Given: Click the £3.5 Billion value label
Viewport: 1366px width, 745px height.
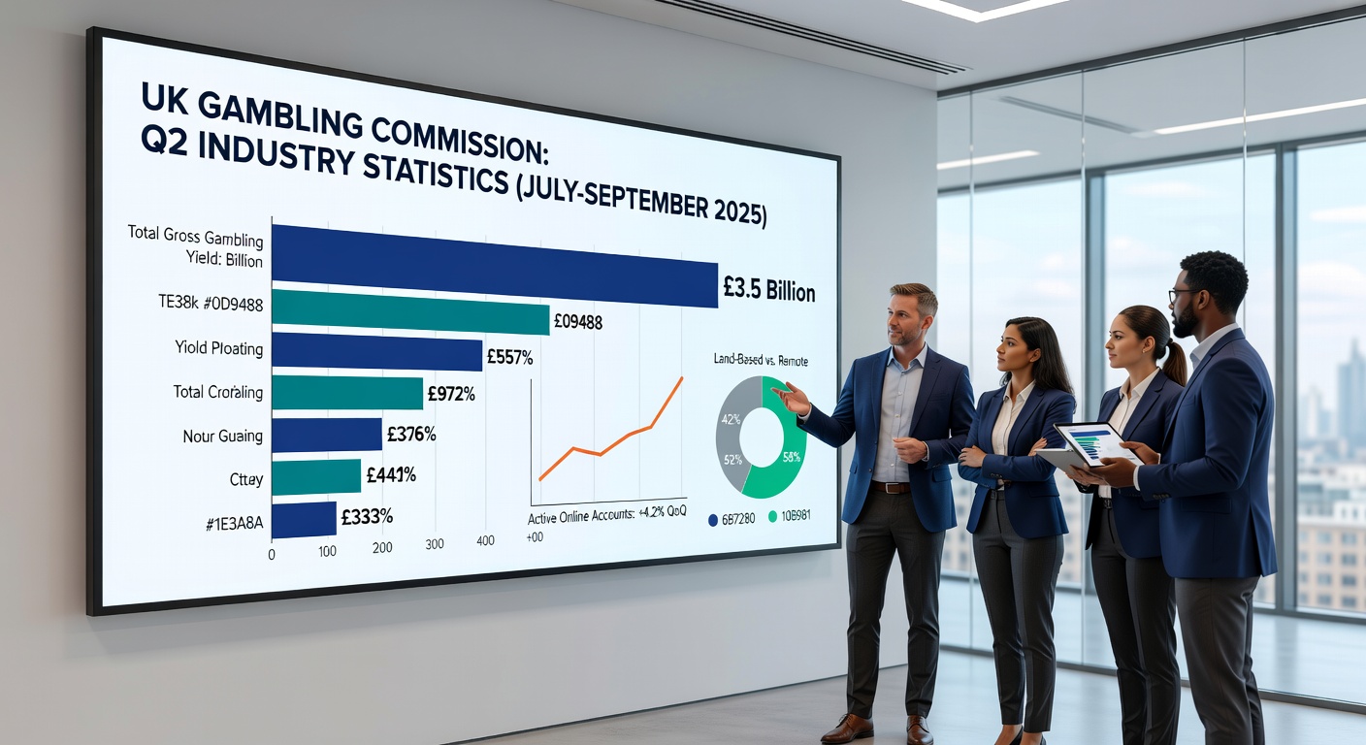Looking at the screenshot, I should [x=769, y=290].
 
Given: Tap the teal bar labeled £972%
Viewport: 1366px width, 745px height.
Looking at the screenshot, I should [x=346, y=393].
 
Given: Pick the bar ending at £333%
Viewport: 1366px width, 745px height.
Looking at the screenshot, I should [x=304, y=519].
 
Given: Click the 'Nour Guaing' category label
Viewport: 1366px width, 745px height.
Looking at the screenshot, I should [x=222, y=437].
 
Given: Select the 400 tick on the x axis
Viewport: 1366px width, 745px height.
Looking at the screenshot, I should [x=485, y=541].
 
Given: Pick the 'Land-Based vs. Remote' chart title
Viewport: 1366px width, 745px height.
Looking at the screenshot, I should [x=761, y=361].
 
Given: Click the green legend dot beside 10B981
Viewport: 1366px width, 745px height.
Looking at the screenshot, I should [x=772, y=517].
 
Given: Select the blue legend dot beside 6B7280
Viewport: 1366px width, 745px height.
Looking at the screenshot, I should [x=714, y=518].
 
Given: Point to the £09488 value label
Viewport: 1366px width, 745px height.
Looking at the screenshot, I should [x=577, y=322].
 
